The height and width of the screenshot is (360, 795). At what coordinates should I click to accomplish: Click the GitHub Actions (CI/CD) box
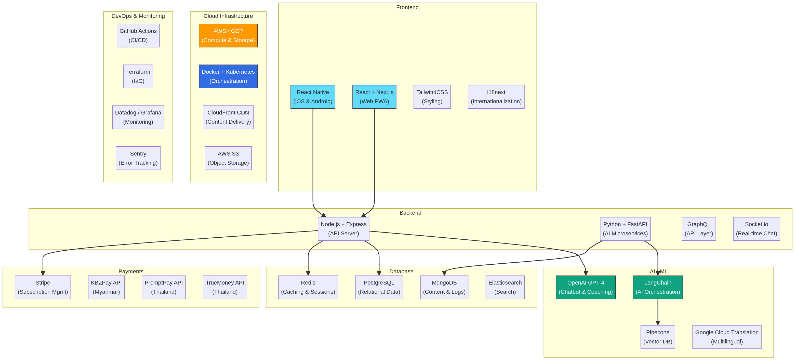click(x=138, y=35)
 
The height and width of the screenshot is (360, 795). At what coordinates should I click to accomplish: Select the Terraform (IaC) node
click(x=138, y=76)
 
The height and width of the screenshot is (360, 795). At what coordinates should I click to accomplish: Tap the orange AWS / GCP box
click(x=228, y=35)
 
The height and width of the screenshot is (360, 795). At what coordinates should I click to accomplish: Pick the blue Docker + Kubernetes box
click(x=228, y=76)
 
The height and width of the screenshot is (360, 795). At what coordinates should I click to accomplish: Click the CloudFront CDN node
click(x=228, y=117)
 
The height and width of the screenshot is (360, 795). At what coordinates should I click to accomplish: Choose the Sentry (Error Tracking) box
click(x=138, y=158)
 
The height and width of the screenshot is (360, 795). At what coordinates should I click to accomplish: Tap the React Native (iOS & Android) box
click(x=313, y=97)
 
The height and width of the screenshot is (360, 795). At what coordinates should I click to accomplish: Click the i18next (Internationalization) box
click(x=496, y=97)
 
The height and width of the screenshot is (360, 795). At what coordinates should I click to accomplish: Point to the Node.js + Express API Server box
click(x=343, y=229)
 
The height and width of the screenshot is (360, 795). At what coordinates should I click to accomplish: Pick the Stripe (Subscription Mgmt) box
click(x=43, y=287)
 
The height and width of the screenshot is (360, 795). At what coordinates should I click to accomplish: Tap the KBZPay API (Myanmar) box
click(x=106, y=287)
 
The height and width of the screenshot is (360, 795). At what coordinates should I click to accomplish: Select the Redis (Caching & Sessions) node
click(x=308, y=287)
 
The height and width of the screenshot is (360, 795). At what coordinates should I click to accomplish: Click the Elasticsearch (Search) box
click(x=505, y=287)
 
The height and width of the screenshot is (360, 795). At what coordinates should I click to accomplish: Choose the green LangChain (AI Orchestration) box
click(x=657, y=287)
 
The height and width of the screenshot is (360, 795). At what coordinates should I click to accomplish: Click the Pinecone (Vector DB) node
click(x=657, y=337)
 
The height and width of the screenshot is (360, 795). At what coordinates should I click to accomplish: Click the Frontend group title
click(x=407, y=7)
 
